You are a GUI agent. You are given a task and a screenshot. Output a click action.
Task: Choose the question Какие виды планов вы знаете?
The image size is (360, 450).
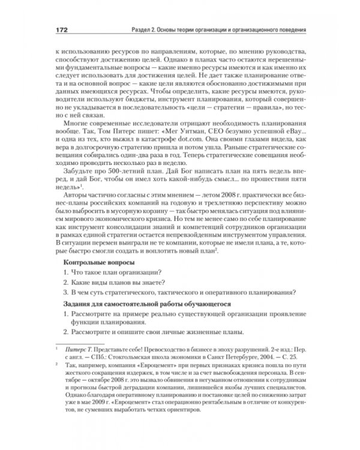(x=121, y=284)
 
